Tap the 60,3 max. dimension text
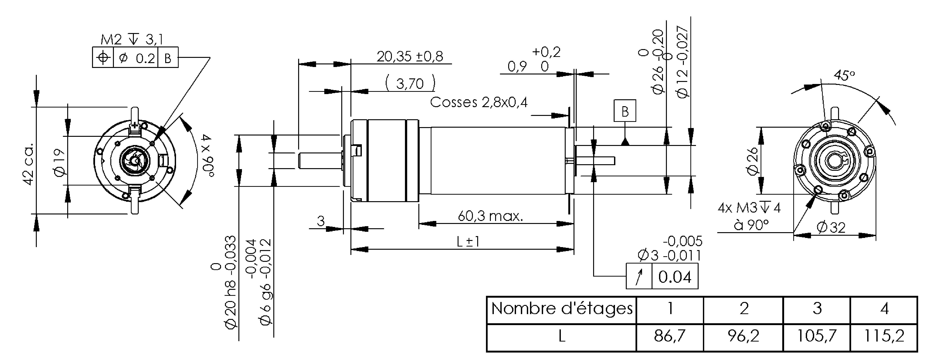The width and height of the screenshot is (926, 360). [x=490, y=216]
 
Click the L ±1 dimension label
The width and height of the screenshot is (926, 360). [x=468, y=242]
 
